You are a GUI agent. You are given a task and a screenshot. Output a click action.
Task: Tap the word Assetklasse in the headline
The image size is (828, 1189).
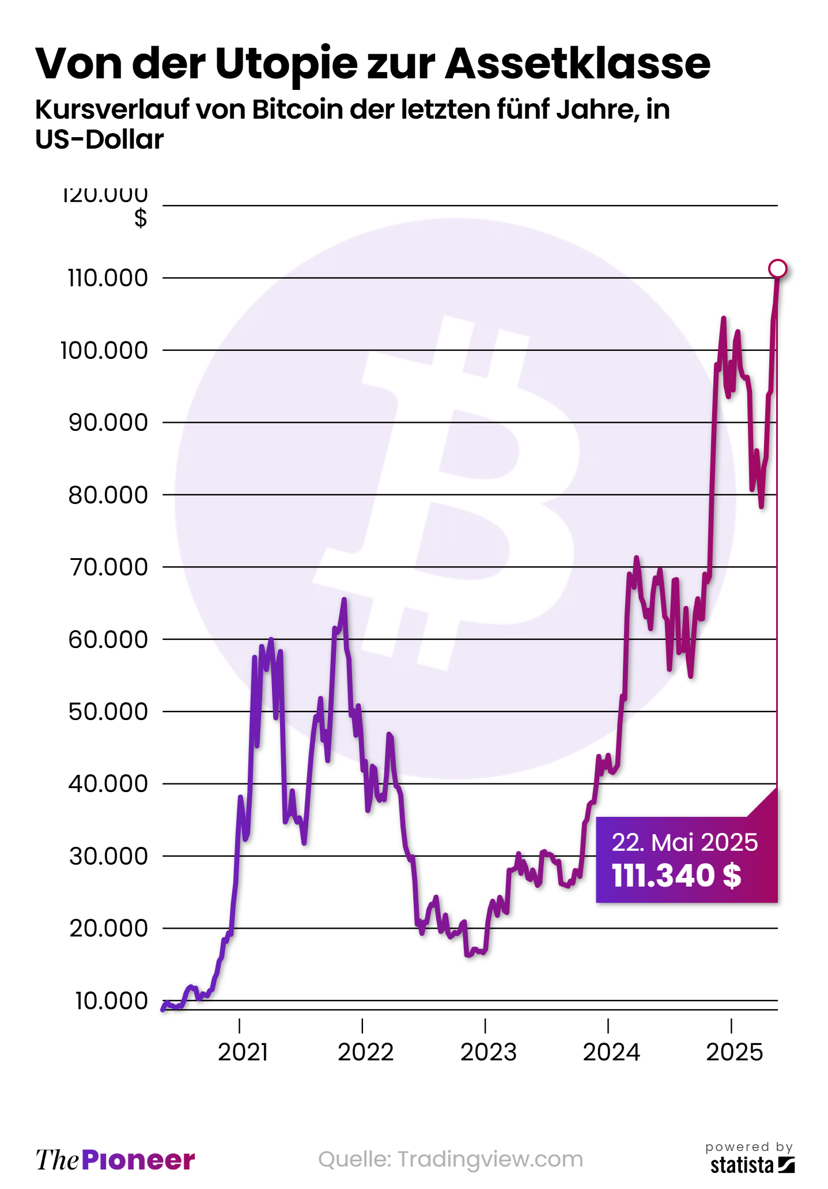tap(577, 63)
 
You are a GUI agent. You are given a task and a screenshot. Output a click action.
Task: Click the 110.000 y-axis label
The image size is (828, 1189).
tap(108, 278)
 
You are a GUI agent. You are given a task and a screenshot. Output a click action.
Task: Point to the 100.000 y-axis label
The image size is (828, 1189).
tap(104, 350)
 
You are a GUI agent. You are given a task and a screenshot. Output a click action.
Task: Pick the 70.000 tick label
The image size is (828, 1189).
tap(108, 567)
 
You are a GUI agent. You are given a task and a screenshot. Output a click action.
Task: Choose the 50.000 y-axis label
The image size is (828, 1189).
tap(108, 712)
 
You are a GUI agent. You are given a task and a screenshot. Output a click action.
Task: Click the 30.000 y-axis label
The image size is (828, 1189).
tap(108, 857)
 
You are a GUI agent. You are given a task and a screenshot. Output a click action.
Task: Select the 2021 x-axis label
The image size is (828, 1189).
tap(243, 1052)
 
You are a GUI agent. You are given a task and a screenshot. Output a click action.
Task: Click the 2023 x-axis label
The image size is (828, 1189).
tap(489, 1052)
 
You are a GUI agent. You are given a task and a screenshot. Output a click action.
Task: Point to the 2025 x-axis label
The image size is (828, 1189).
tap(735, 1052)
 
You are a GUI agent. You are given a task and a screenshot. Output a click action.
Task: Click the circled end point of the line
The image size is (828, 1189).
tap(777, 268)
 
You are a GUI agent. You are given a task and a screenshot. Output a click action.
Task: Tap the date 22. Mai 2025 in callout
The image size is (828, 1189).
tap(685, 843)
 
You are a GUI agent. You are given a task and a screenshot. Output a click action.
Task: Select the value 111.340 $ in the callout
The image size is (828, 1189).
tap(676, 876)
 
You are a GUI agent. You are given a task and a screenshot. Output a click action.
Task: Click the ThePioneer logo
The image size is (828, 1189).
tap(115, 1160)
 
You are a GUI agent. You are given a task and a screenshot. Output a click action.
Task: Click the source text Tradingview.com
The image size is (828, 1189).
tap(490, 1159)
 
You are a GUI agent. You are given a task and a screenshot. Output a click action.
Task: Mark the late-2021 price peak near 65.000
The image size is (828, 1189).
tap(344, 600)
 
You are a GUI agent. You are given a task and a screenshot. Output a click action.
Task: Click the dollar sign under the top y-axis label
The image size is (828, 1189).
tap(141, 219)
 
